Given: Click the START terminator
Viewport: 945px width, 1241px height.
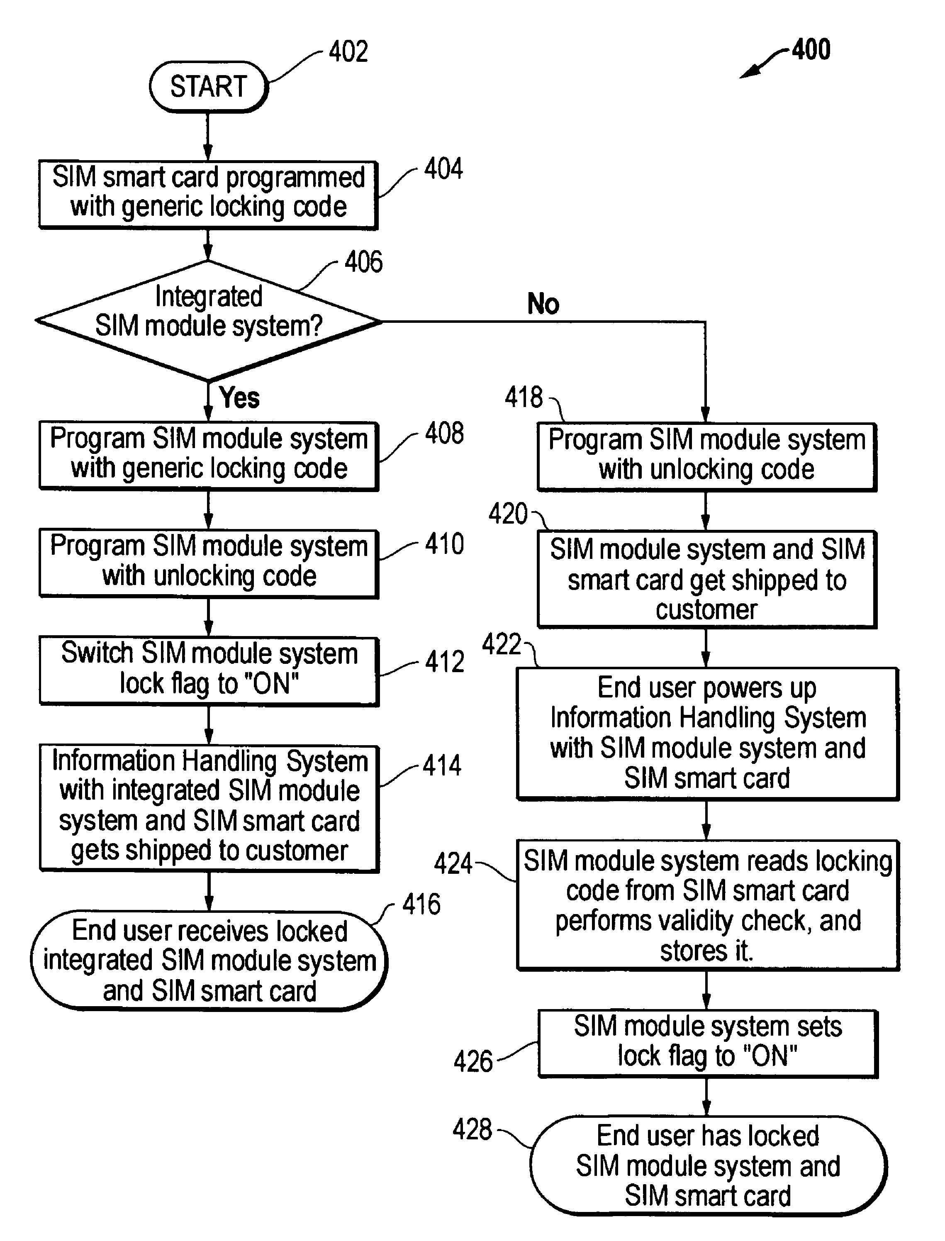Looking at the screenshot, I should click(208, 87).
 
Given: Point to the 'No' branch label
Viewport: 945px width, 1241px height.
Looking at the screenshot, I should click(543, 304).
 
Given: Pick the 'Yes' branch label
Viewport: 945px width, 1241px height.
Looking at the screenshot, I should click(239, 398).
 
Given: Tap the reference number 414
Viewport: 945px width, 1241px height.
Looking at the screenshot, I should click(442, 766).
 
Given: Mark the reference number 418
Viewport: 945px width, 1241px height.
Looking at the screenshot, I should click(523, 397).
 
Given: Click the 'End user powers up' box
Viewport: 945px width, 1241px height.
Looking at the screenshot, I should click(707, 733).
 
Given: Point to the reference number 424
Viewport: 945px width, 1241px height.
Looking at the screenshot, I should click(453, 863).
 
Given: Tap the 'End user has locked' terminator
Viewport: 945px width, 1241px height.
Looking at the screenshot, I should click(708, 1165).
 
